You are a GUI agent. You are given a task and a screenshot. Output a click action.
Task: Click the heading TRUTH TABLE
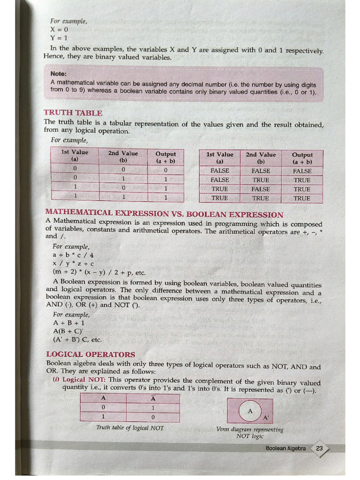(x=73, y=113)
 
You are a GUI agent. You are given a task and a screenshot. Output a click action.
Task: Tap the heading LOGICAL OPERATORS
(x=90, y=354)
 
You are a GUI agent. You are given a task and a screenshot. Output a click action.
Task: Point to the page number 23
(x=320, y=449)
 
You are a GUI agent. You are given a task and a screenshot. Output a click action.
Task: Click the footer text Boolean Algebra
(x=285, y=449)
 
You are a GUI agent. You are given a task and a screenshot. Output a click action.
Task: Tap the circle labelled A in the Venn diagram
(x=250, y=411)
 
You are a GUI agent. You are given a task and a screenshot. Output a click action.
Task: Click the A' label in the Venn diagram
(x=266, y=417)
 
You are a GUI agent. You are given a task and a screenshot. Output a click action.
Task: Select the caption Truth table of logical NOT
(x=129, y=427)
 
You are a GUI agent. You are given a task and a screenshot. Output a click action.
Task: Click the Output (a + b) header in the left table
(x=165, y=157)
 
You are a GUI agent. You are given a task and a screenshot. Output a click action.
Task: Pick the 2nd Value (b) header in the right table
(x=261, y=157)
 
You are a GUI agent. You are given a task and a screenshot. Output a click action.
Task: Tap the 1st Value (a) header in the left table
(x=75, y=156)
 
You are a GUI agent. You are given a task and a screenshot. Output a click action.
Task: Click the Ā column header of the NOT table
(x=153, y=398)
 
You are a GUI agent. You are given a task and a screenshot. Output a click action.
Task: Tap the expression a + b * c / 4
(x=73, y=255)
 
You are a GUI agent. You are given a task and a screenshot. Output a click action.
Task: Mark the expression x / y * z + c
(x=73, y=263)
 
